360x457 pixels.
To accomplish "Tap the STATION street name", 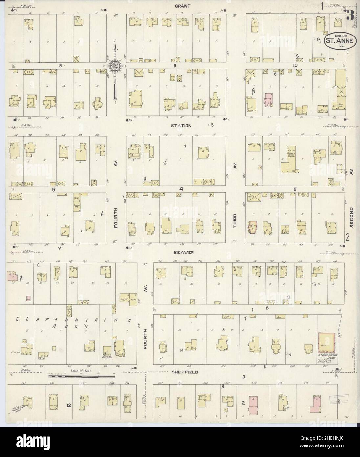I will (179, 125).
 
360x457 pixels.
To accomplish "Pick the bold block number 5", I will (52, 189).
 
